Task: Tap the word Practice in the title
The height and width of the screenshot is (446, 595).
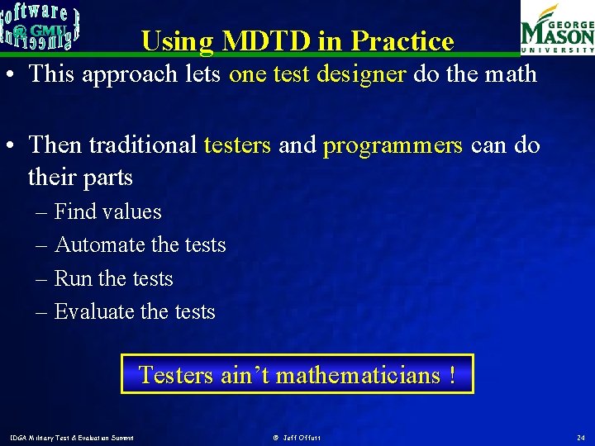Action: [x=402, y=41]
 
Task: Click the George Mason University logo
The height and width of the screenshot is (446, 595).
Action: [x=556, y=27]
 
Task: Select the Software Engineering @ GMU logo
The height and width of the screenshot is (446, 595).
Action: [x=40, y=24]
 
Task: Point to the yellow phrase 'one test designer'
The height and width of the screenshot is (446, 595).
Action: [x=317, y=74]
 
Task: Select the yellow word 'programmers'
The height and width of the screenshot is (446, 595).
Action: [x=393, y=145]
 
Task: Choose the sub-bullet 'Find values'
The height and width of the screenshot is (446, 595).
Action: [x=107, y=211]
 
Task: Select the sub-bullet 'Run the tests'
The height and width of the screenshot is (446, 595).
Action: [x=113, y=278]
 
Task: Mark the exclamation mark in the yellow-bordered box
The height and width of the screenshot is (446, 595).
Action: [x=452, y=375]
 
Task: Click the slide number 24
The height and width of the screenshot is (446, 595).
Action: [x=579, y=437]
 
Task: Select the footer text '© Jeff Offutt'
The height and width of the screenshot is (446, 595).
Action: [x=297, y=437]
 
